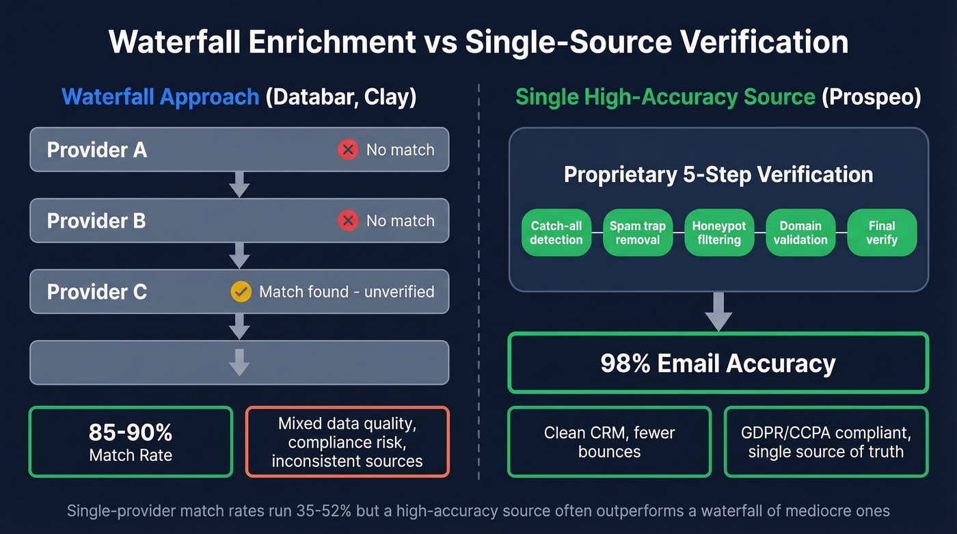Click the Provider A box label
click(x=97, y=150)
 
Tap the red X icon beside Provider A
click(x=348, y=150)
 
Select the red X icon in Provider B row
click(x=348, y=221)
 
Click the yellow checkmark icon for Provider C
click(x=241, y=292)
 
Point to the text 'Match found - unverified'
click(x=347, y=292)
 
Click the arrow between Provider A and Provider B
click(x=239, y=185)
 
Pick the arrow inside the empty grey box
click(x=239, y=362)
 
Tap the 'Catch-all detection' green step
click(x=556, y=232)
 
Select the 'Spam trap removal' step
click(x=637, y=232)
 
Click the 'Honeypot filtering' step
click(x=719, y=232)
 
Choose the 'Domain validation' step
click(x=800, y=232)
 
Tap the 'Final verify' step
click(x=882, y=232)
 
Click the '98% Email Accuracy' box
click(x=718, y=363)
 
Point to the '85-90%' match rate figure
click(x=131, y=432)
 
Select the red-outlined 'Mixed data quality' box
click(x=347, y=442)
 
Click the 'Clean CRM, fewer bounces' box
click(x=609, y=442)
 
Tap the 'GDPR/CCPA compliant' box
click(x=826, y=442)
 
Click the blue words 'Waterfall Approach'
click(x=160, y=97)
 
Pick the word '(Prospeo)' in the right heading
click(x=872, y=97)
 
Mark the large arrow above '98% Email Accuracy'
click(x=718, y=311)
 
